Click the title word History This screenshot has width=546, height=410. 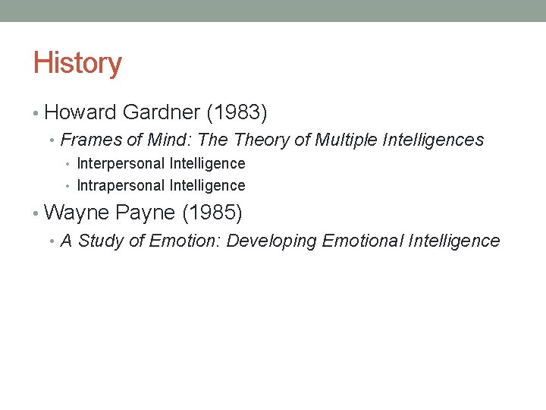coord(77,63)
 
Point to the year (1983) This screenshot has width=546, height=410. coord(237,113)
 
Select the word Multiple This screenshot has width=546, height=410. coord(348,140)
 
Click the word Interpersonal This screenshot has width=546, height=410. coord(121,163)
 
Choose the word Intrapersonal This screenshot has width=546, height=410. coord(121,185)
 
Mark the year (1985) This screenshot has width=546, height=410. coord(212,213)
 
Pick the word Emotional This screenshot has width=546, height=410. coord(362,241)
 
